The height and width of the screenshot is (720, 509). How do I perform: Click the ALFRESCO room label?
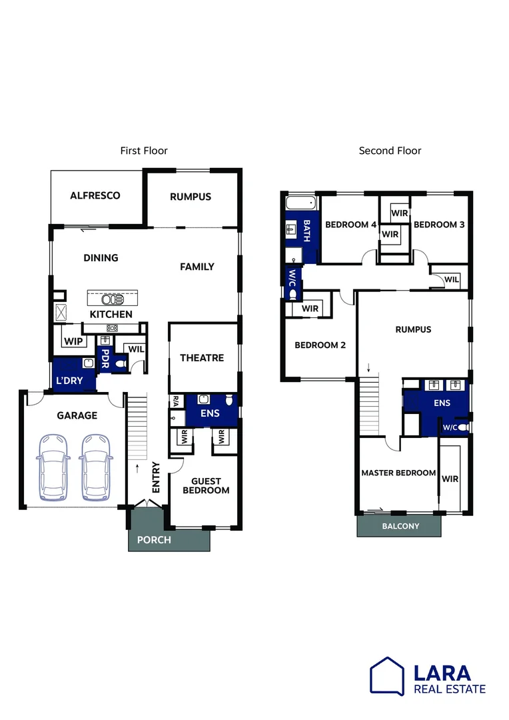point(95,195)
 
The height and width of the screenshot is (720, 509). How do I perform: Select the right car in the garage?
point(95,467)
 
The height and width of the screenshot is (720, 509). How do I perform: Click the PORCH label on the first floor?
point(154,540)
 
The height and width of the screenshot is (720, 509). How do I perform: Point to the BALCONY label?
point(401,526)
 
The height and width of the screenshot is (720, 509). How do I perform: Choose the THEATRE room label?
point(202,358)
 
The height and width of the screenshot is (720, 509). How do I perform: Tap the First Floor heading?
point(144,151)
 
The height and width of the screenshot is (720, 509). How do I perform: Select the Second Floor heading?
point(390,151)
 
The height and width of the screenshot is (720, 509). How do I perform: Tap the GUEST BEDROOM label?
point(211,486)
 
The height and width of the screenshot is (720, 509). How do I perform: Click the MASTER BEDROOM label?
point(398,473)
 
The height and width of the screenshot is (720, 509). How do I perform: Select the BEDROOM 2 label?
point(320,345)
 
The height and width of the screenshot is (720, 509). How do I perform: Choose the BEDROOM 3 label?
point(439,225)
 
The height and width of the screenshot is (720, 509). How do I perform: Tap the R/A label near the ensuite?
point(176,401)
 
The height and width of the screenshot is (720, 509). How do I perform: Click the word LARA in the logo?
point(442,673)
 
